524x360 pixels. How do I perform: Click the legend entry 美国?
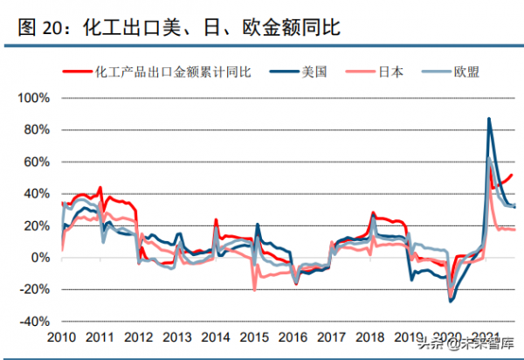[x=313, y=73]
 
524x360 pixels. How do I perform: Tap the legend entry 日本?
[x=390, y=73]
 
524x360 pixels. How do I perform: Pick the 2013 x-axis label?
[x=177, y=338]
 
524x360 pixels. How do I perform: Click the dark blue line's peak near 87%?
[x=488, y=119]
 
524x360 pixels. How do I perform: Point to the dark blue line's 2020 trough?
[x=452, y=301]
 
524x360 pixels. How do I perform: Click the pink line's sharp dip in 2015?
[x=254, y=289]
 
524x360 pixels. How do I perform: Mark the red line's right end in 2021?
[x=513, y=174]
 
